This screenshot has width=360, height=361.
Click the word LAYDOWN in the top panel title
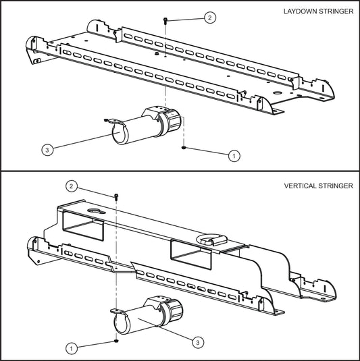[299, 13]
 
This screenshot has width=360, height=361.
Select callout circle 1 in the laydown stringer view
[234, 155]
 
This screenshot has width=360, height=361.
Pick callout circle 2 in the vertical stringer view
[71, 186]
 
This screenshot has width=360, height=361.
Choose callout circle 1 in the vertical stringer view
[71, 348]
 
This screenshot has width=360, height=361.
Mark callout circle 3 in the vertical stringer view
[197, 343]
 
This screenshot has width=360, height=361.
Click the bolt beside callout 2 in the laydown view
[166, 22]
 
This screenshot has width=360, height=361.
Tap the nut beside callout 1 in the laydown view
[184, 146]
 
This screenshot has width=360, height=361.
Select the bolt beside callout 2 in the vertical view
[117, 196]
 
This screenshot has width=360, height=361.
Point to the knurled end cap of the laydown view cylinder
[172, 122]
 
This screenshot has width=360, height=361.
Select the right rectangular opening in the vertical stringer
[190, 252]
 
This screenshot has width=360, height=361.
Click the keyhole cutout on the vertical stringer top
[93, 211]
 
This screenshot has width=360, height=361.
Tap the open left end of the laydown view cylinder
[119, 134]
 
